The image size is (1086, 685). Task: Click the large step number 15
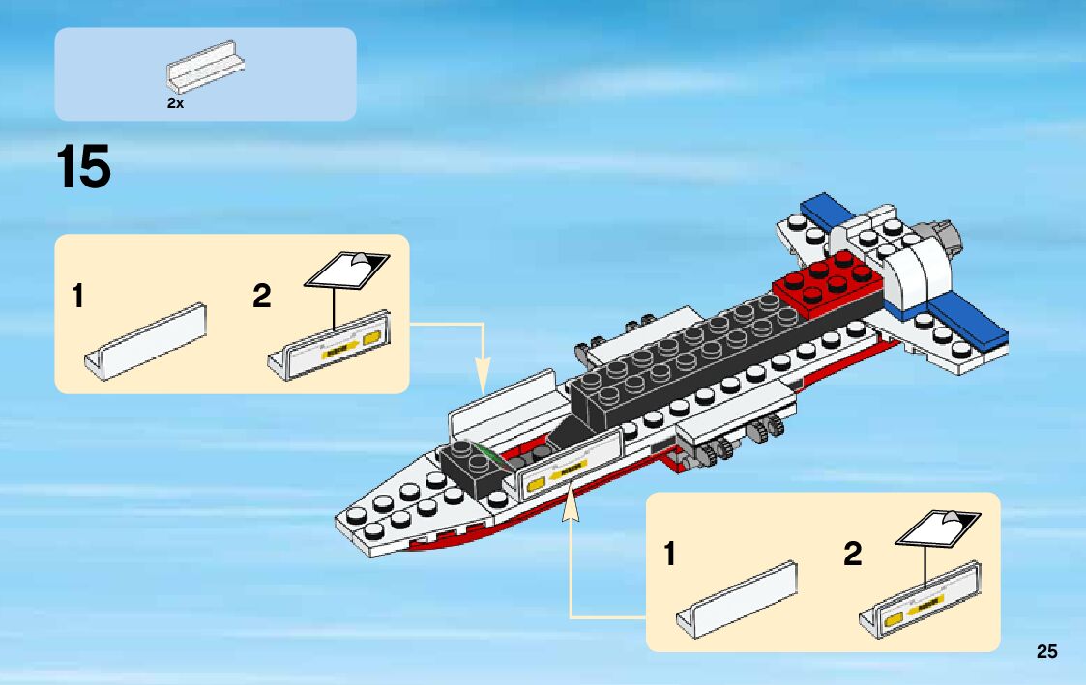tap(84, 167)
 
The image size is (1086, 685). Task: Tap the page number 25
tap(1046, 651)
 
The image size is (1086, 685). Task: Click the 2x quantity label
tap(175, 102)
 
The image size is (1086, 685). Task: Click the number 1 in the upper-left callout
tap(77, 297)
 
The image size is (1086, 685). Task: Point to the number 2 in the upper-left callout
tap(261, 297)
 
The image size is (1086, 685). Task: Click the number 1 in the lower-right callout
tap(669, 555)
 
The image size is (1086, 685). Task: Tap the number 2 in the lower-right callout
tap(852, 555)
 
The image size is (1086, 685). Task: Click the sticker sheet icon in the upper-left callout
tap(348, 268)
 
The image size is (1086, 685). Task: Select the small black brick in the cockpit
tap(471, 469)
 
